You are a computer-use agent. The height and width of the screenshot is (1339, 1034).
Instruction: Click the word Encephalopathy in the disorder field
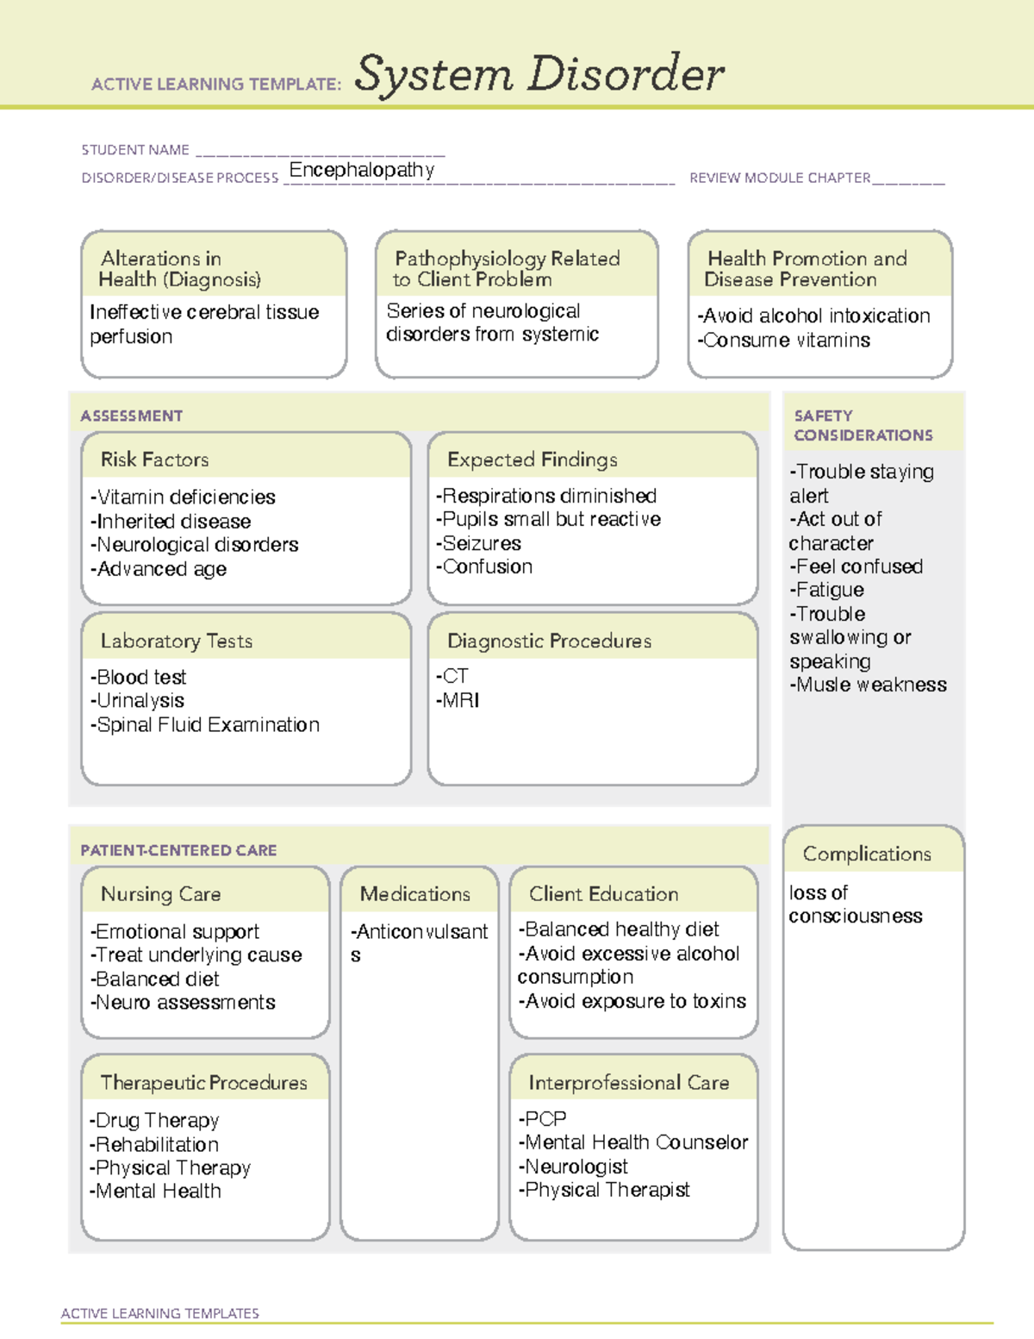(361, 170)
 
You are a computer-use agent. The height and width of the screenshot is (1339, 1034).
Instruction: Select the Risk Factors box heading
(154, 460)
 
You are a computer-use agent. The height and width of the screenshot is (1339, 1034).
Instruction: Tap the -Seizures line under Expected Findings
(479, 543)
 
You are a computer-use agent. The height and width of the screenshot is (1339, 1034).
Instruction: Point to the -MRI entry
(458, 700)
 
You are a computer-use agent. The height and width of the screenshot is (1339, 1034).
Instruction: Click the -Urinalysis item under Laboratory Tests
(137, 701)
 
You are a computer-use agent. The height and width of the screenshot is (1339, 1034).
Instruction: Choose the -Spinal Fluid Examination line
(205, 725)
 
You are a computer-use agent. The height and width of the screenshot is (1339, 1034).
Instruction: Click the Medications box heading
(415, 894)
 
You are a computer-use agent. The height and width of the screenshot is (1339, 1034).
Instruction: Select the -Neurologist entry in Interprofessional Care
(573, 1167)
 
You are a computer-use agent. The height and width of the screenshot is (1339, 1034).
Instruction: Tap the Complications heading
(867, 854)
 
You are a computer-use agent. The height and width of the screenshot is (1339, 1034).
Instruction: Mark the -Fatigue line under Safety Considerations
(826, 590)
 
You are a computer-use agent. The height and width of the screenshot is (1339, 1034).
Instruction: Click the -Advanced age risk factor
(159, 569)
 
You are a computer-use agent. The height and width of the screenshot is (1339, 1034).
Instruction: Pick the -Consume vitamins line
(783, 341)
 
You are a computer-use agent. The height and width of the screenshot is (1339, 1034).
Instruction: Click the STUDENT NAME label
(135, 150)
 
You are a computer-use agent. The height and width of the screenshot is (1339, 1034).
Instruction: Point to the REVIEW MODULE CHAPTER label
(780, 178)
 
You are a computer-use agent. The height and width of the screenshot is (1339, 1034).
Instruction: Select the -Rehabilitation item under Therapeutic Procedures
(154, 1144)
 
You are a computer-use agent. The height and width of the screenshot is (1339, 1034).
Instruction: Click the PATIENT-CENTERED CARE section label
(178, 850)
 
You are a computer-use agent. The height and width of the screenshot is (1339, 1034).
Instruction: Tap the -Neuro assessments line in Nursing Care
(183, 1003)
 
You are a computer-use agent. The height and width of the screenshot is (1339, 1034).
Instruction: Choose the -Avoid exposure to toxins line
(632, 1001)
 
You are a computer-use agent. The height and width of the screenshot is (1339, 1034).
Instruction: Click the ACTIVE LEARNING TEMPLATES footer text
(159, 1313)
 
